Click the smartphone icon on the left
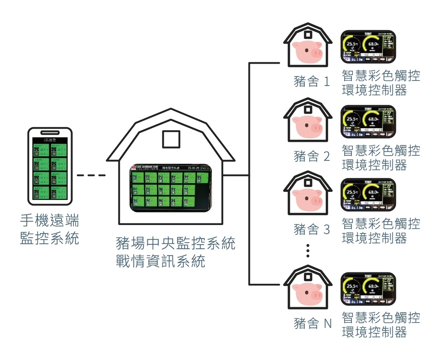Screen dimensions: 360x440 (x=50, y=166)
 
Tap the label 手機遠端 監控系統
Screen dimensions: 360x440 (x=50, y=230)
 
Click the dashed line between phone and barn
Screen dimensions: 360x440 (x=91, y=175)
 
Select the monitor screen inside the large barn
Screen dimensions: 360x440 (x=171, y=188)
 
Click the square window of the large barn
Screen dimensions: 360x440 (x=171, y=139)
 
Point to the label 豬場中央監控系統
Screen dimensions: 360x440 (x=175, y=243)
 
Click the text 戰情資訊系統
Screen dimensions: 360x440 (x=160, y=261)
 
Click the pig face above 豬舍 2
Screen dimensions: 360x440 (x=307, y=126)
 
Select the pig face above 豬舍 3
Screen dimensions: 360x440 (x=307, y=199)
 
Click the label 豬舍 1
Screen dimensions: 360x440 (x=312, y=81)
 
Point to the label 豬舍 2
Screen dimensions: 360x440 (x=312, y=156)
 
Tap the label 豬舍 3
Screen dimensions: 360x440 (x=312, y=229)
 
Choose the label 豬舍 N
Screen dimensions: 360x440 (x=312, y=323)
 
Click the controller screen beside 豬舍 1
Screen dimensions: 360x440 (x=368, y=46)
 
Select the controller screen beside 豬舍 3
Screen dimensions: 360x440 (x=368, y=195)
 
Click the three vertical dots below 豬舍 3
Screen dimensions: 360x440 (x=308, y=250)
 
